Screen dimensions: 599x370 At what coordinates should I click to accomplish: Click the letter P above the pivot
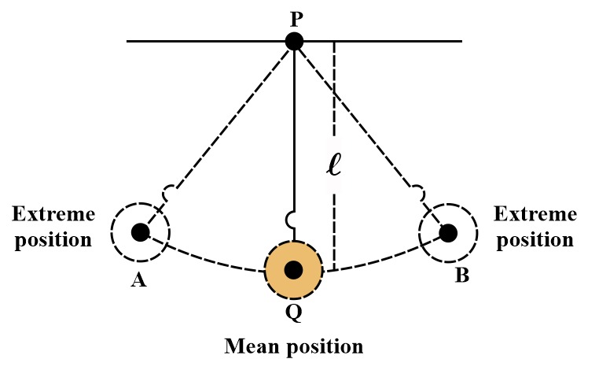(296, 20)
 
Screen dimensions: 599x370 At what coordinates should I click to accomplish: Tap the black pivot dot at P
(295, 41)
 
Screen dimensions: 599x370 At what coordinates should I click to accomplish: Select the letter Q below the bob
(294, 314)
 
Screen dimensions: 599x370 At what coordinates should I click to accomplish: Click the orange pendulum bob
(294, 270)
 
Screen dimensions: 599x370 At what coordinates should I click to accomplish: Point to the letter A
(138, 280)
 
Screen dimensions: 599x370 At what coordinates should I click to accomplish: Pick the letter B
(462, 275)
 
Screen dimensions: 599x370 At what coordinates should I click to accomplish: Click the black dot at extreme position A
(140, 232)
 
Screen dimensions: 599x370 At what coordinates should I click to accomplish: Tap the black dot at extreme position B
(448, 233)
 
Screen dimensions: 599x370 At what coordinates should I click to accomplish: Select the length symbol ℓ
(334, 165)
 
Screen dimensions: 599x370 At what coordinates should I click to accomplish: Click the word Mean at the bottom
(252, 346)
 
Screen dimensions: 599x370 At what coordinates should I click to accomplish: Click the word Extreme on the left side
(53, 214)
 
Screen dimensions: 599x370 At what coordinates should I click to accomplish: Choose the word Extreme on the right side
(535, 214)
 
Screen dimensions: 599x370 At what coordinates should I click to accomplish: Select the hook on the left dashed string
(168, 192)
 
